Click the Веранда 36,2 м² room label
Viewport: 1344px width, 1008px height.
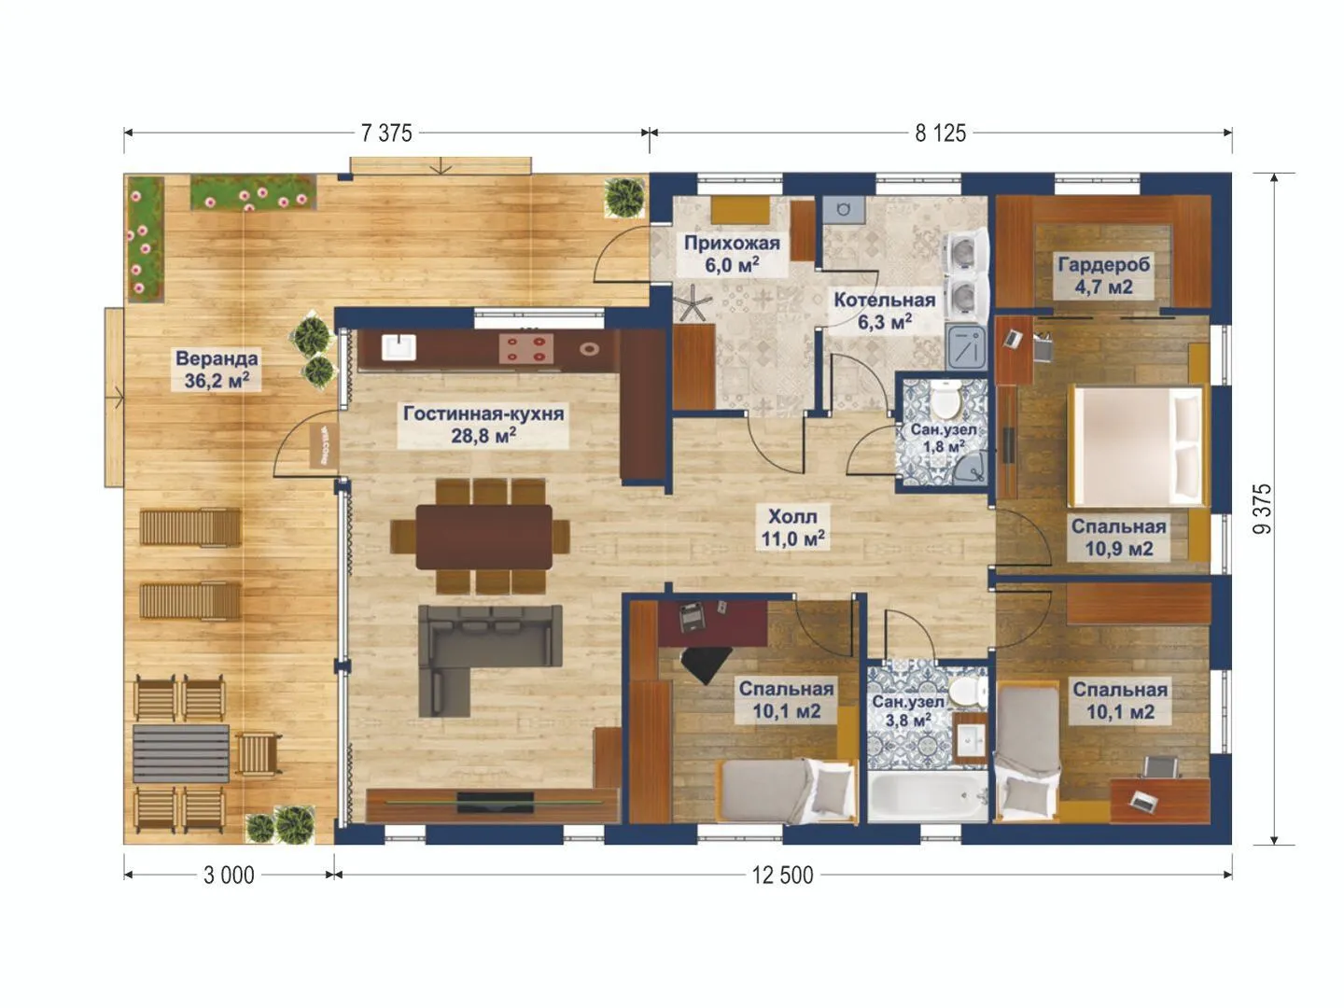point(217,369)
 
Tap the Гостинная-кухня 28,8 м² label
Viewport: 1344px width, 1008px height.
point(483,424)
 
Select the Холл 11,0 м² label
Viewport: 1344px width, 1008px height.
point(793,527)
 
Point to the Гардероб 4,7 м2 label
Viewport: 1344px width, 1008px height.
point(1104,275)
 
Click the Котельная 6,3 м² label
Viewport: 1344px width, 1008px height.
point(885,311)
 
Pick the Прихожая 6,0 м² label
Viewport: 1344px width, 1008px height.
point(733,254)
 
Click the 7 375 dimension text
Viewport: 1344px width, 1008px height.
point(386,133)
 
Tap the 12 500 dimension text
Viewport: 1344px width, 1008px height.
point(782,875)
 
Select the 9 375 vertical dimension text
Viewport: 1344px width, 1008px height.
point(1262,510)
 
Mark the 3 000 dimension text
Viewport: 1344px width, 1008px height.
point(229,875)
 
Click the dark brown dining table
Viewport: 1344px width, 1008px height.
point(483,536)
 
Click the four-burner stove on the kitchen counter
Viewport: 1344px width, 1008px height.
point(526,349)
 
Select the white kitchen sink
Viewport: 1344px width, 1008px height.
point(399,347)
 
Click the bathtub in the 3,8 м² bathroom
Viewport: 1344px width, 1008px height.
point(928,795)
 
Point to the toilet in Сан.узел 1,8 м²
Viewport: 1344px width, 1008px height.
point(945,398)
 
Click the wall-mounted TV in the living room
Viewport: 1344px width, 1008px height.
point(495,802)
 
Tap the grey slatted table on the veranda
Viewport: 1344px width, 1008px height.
point(181,754)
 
